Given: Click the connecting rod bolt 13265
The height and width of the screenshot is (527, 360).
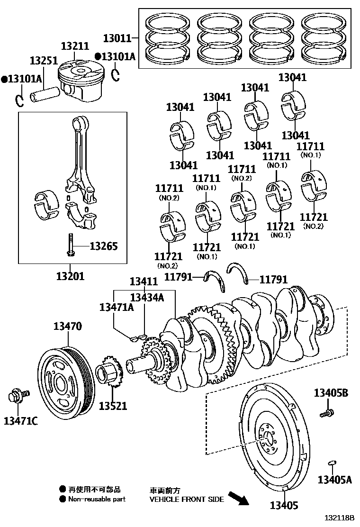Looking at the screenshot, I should point(71,245).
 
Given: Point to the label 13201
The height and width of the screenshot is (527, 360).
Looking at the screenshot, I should point(70,275).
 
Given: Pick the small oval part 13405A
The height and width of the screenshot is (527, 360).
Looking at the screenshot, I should point(332,463).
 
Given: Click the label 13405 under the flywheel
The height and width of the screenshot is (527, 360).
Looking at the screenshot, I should point(284,505).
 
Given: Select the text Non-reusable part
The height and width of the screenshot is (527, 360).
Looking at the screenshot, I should point(97,499).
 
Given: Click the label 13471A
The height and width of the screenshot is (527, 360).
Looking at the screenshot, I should point(117,307).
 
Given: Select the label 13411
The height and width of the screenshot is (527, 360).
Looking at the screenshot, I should point(144,282).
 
